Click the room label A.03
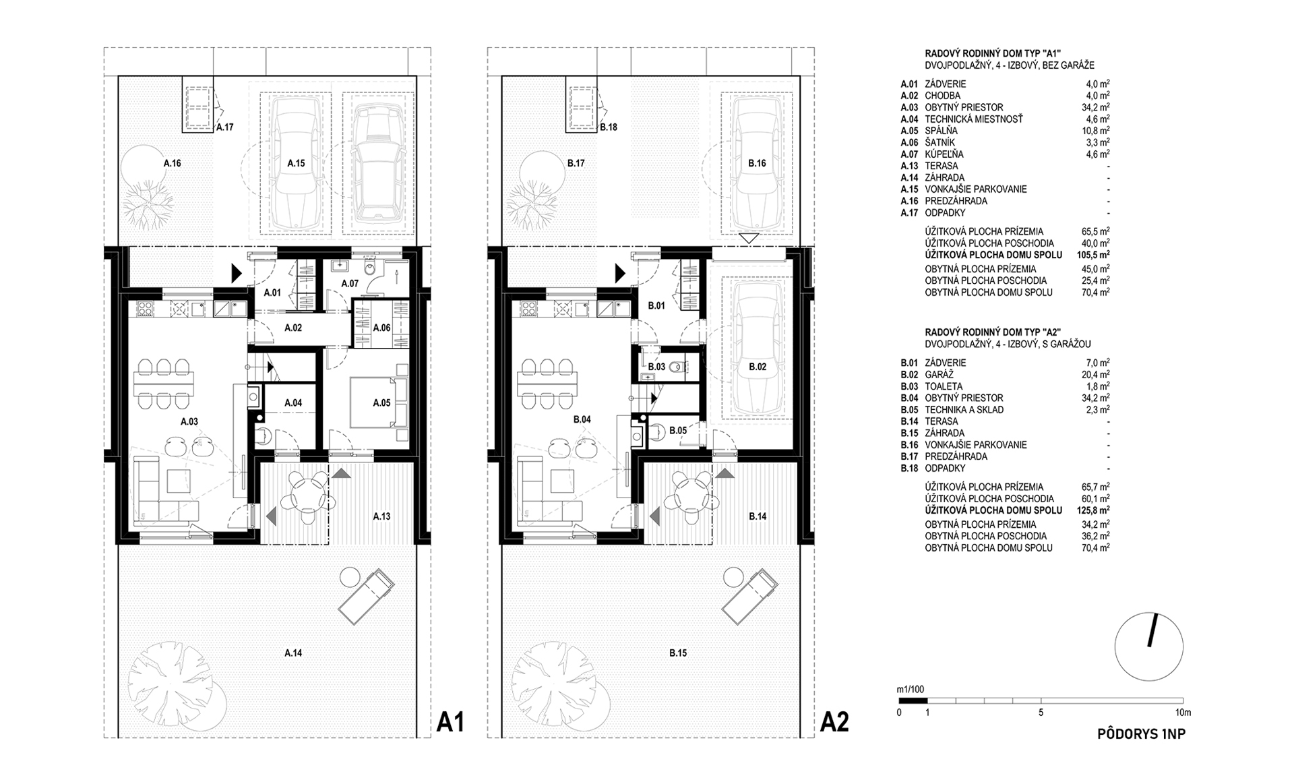click(189, 421)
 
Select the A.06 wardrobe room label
click(381, 328)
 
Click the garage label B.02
click(757, 367)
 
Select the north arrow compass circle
click(1149, 646)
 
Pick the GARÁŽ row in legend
click(939, 375)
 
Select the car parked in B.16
click(758, 164)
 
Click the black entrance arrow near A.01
click(236, 273)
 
